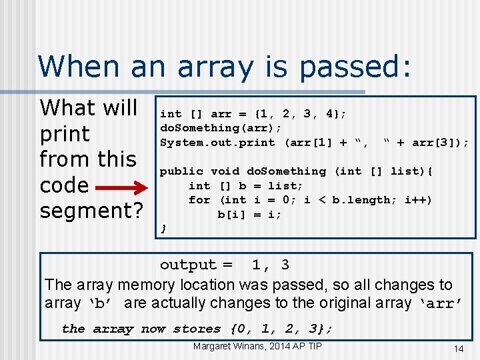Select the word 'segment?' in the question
(91, 211)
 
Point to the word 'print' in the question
(65, 133)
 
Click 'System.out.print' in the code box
(217, 142)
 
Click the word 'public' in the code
(181, 171)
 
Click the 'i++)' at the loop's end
(417, 200)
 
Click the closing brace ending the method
(164, 229)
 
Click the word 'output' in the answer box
(188, 265)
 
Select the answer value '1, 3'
(270, 265)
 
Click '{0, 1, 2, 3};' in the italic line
(281, 329)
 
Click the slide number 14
(458, 348)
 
